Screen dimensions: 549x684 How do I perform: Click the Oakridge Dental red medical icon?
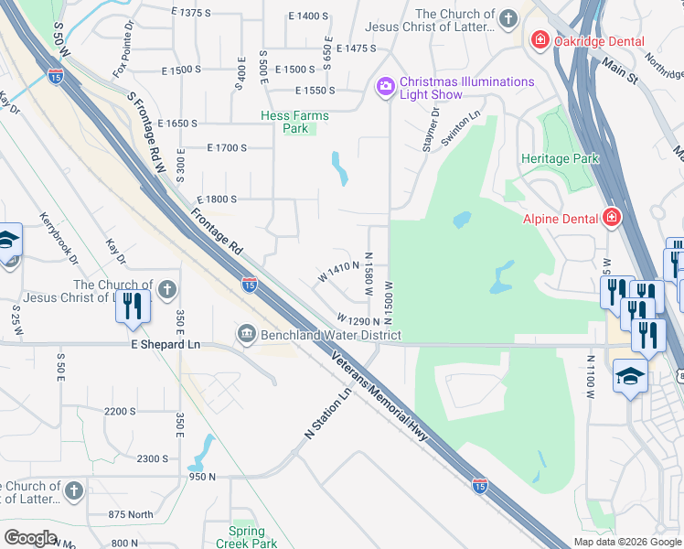[540, 41]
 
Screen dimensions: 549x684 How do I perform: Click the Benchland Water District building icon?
[246, 335]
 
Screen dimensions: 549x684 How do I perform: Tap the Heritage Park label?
[560, 158]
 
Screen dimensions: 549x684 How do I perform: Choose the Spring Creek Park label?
[246, 537]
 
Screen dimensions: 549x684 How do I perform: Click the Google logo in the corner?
[30, 538]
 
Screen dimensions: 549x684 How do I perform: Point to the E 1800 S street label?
[217, 199]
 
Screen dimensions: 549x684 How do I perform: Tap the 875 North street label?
[131, 514]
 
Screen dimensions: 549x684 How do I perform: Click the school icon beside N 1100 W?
[630, 376]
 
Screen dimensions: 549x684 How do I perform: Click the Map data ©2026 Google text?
[626, 542]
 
